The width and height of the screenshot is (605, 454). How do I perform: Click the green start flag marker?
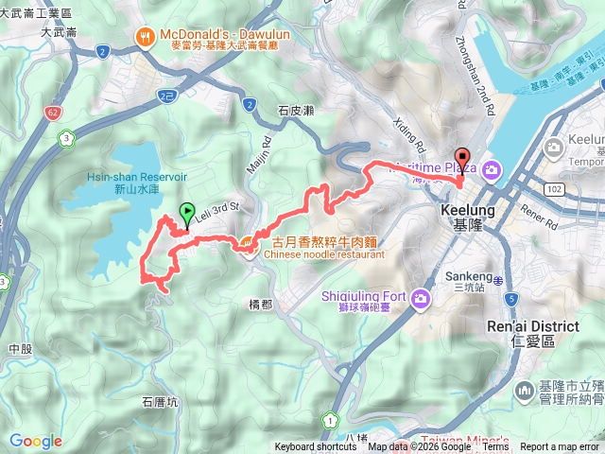(x=186, y=215)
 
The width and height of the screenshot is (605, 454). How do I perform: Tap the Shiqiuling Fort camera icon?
(x=420, y=299)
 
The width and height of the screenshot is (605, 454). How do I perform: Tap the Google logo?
(x=35, y=441)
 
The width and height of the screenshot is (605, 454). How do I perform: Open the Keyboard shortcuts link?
(x=316, y=447)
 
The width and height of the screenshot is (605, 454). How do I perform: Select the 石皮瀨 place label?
(x=295, y=111)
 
